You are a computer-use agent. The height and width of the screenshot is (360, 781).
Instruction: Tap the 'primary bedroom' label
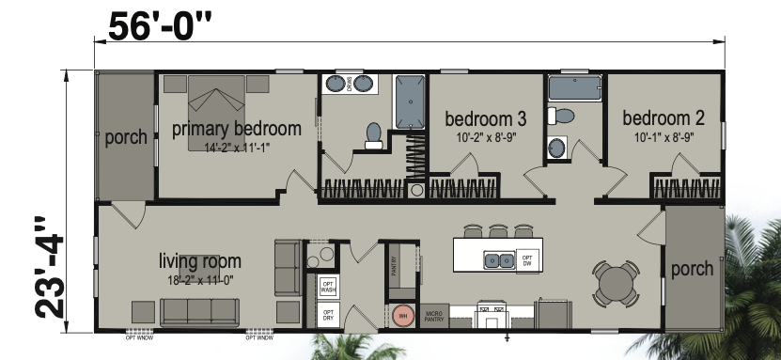coord(236,129)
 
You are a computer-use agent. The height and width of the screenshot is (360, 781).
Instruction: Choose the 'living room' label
coord(200,260)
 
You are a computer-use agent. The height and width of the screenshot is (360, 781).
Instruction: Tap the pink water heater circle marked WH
coord(403,316)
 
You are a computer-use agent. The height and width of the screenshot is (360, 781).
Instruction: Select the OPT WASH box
coord(328,286)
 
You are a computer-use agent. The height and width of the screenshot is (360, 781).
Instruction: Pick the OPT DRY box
coord(328,316)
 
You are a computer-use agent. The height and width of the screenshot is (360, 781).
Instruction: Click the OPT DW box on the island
coord(528,258)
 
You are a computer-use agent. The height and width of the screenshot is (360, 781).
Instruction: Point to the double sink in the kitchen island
coord(496,258)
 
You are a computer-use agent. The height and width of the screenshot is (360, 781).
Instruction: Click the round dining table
coord(617,279)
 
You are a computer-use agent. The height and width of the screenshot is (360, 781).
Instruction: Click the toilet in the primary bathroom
coord(374,134)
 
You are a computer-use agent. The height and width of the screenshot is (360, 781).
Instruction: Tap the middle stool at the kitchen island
coord(497,229)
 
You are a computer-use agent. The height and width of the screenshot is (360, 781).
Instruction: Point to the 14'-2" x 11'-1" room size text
coord(236,147)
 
